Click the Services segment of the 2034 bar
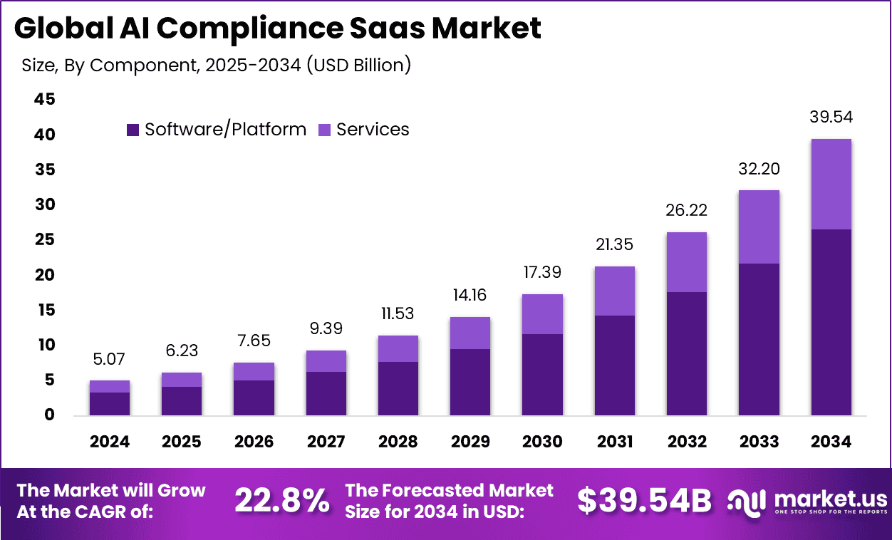coord(831,184)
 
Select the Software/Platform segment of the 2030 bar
coord(542,375)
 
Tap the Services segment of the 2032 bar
coord(687,262)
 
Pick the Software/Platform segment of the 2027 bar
coord(326,393)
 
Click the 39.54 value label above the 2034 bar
coord(831,118)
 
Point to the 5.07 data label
coord(109,360)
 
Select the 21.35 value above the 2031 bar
coord(614,246)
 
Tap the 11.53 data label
coord(398,314)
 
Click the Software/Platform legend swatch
coord(133,130)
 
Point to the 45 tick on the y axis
coord(44,100)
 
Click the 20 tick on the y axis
coord(44,275)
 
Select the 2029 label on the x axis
coord(470,442)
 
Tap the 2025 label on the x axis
coord(181,442)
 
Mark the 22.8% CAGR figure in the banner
coord(281,502)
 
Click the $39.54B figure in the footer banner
coord(644,502)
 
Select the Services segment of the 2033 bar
coord(759,227)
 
